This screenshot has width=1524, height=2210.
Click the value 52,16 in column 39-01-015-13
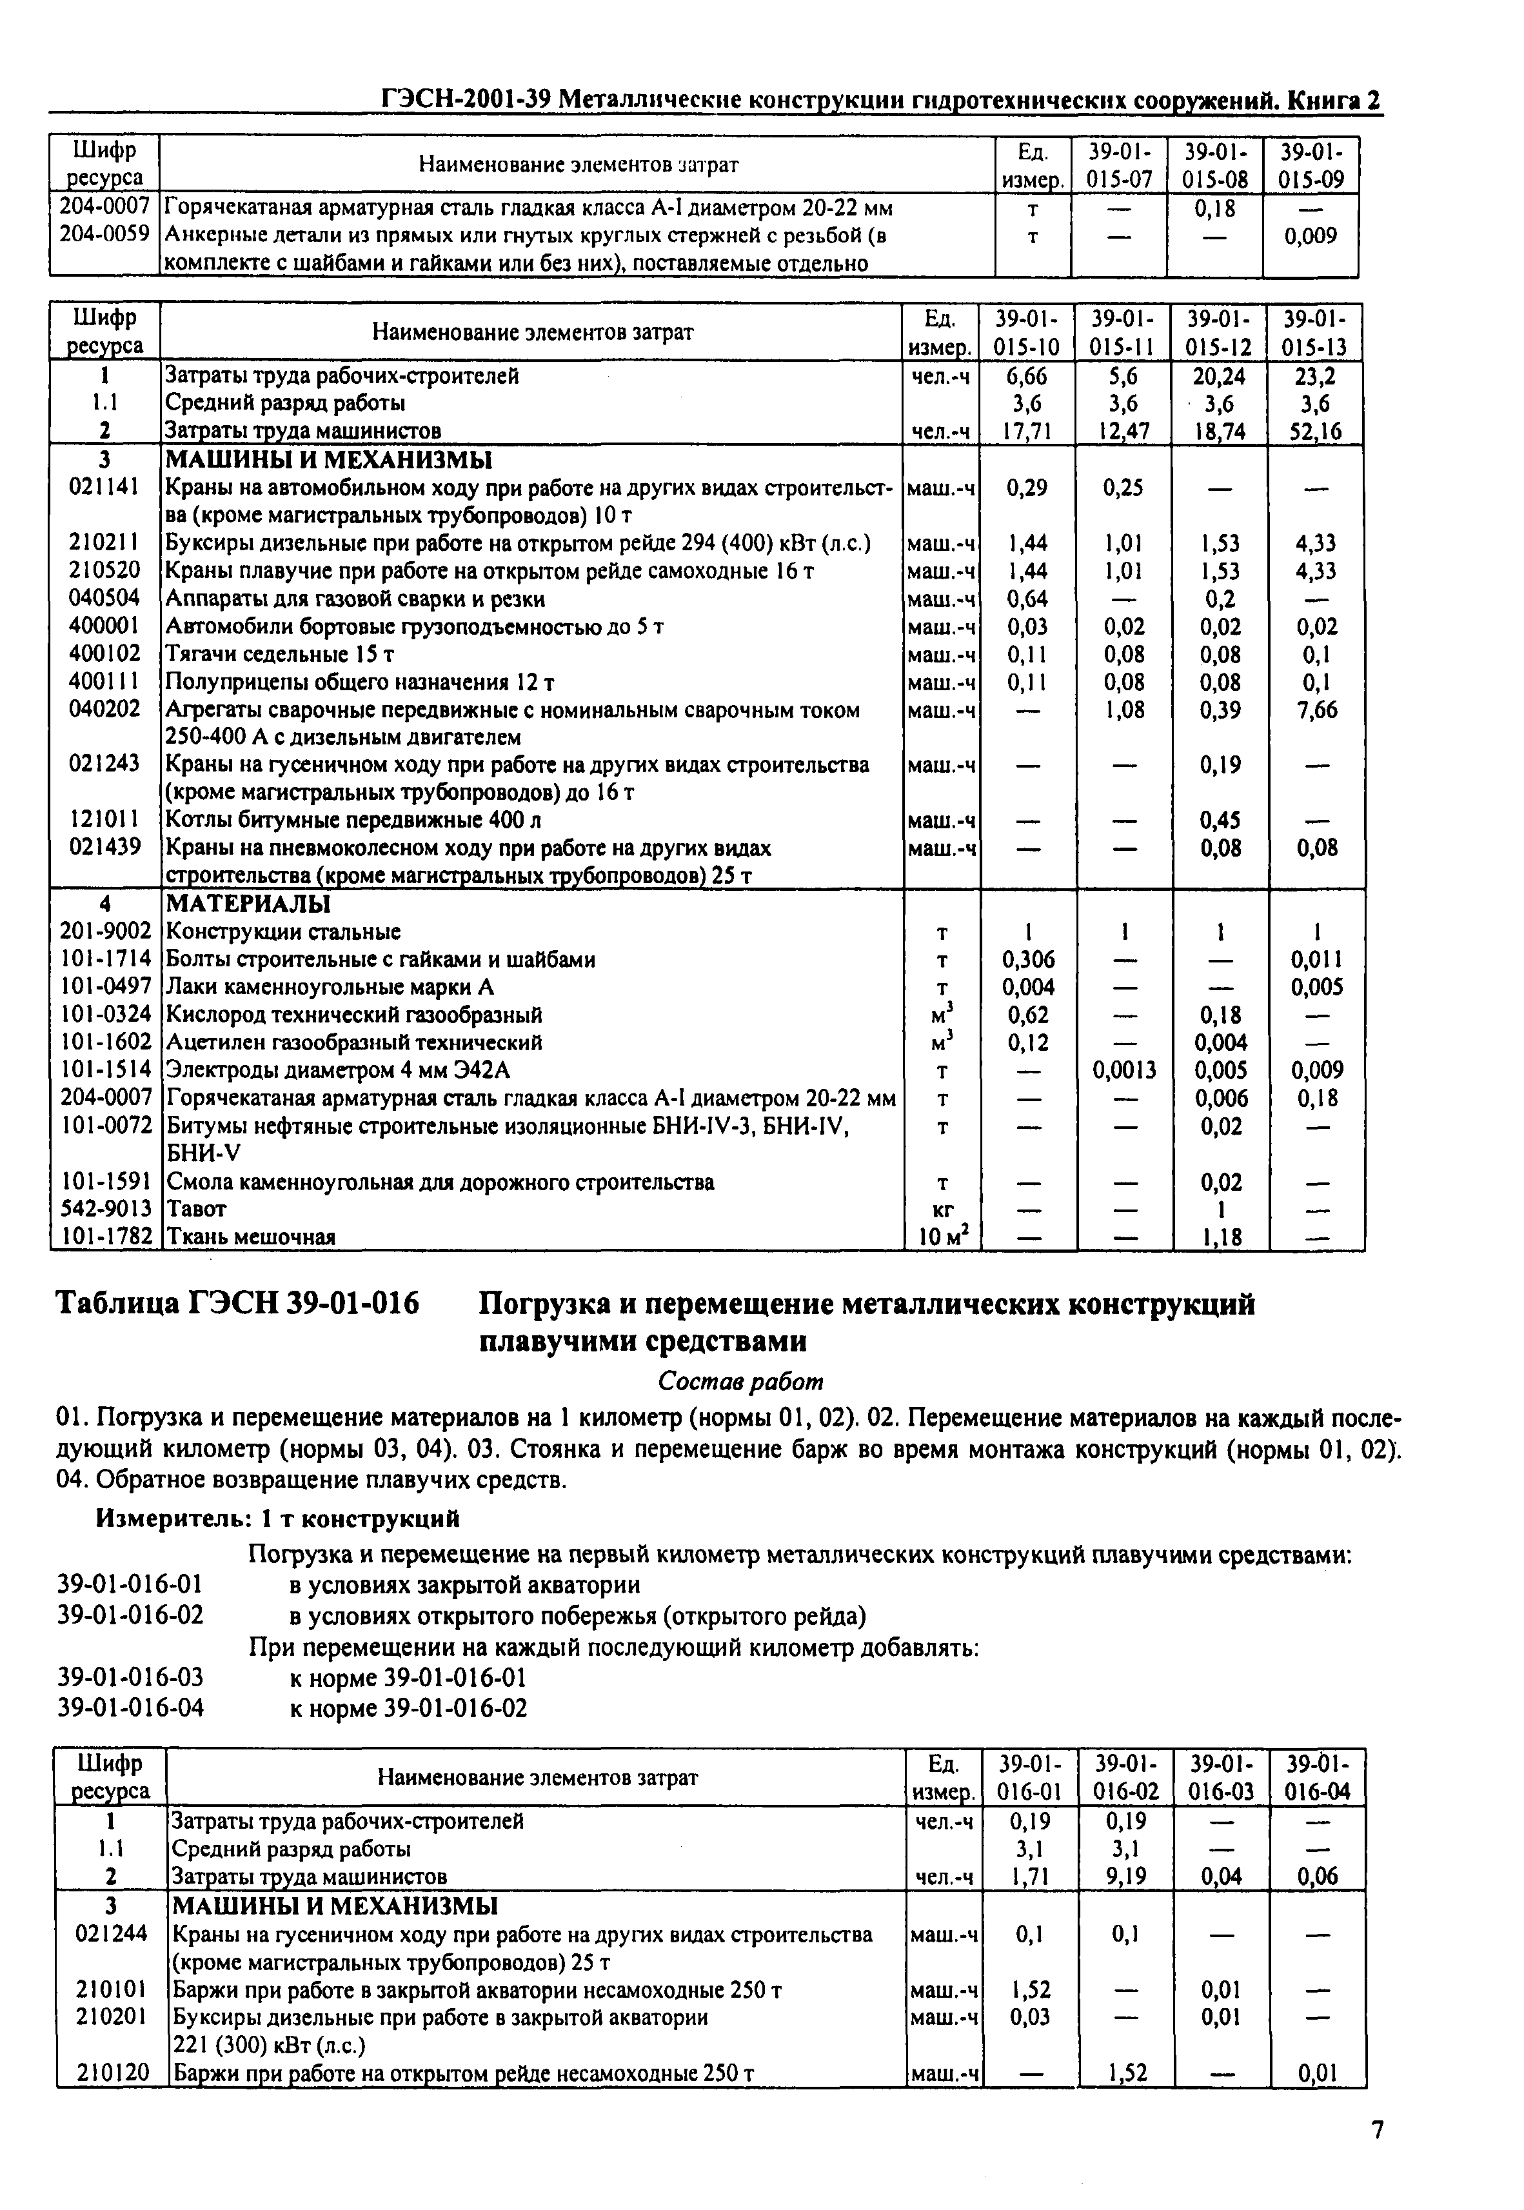click(x=1315, y=432)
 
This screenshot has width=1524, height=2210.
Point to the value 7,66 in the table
click(x=1316, y=710)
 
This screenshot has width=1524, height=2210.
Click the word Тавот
click(x=196, y=1209)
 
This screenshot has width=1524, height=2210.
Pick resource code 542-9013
click(x=105, y=1209)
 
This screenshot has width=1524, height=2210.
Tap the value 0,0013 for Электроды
click(x=1124, y=1070)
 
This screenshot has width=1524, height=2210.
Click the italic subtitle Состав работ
click(x=740, y=1382)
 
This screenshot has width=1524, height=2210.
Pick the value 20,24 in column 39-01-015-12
click(x=1220, y=376)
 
